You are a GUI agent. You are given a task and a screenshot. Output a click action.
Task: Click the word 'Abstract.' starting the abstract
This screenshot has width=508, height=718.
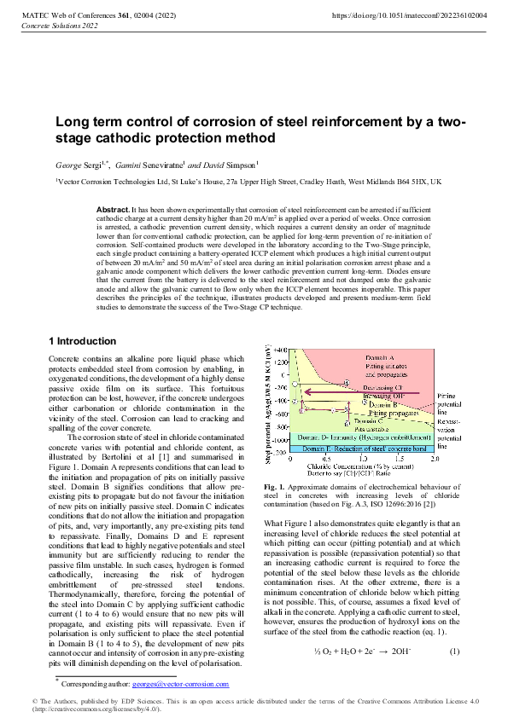click(x=113, y=209)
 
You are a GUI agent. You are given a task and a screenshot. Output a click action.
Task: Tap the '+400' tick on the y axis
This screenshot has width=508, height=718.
click(x=282, y=351)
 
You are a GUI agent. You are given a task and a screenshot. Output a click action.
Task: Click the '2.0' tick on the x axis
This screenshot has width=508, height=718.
click(x=434, y=458)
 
